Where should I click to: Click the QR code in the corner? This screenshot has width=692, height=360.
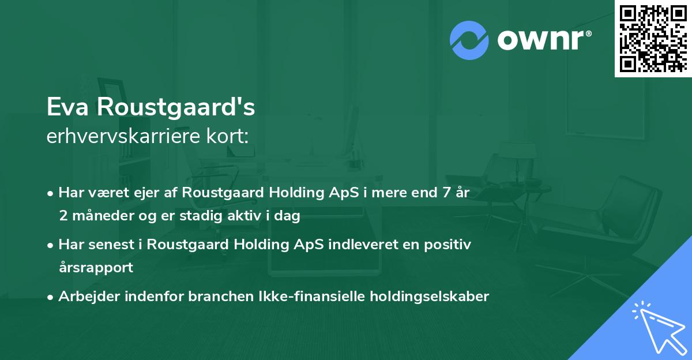tap(652, 38)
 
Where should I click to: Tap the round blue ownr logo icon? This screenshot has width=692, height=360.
tap(469, 40)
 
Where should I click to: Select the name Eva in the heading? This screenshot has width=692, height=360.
tap(68, 108)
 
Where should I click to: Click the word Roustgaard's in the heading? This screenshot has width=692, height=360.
tap(175, 108)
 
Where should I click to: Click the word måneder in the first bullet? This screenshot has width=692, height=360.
tap(103, 216)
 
